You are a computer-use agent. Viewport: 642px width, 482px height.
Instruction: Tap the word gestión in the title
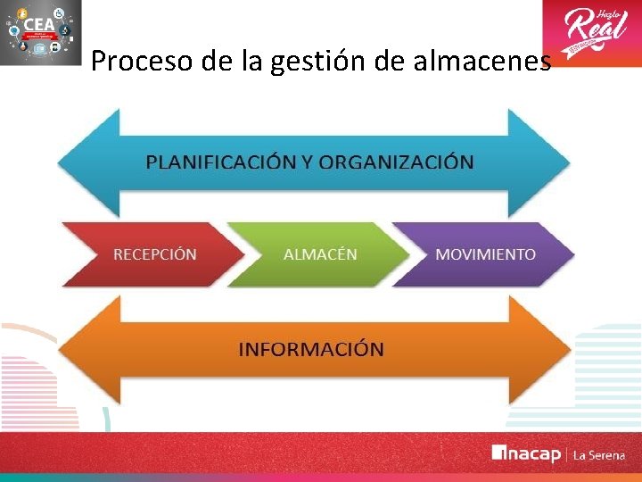click(301, 62)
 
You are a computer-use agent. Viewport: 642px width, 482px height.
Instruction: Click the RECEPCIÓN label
click(154, 254)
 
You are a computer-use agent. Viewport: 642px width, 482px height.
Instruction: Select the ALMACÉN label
click(320, 254)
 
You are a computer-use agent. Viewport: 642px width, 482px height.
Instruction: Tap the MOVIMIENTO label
click(485, 254)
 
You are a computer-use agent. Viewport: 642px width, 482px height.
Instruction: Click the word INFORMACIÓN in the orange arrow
click(311, 349)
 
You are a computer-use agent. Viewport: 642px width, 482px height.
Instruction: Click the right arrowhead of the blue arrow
click(539, 162)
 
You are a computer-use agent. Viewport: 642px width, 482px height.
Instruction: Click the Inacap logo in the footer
click(526, 454)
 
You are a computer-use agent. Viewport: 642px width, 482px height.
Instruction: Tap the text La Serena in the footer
click(598, 455)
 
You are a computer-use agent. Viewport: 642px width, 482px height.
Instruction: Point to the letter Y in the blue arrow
click(307, 162)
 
